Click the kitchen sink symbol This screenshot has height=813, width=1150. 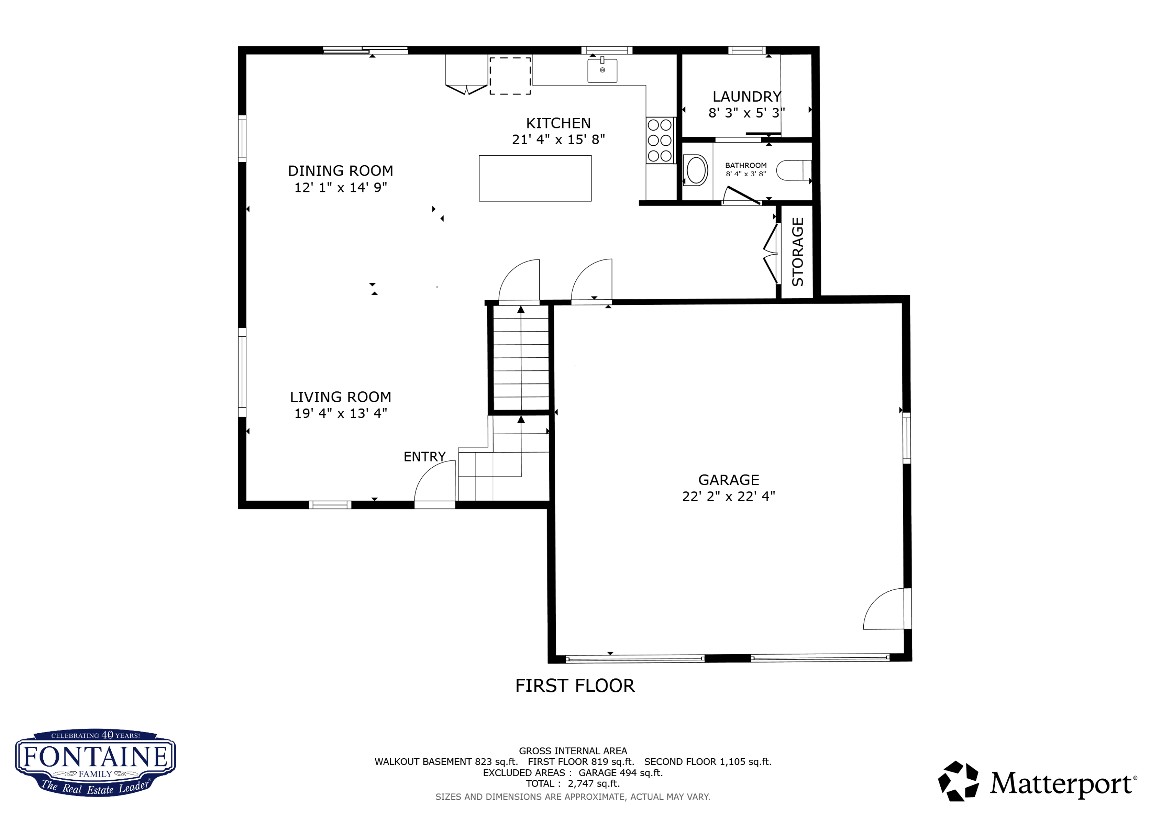tap(602, 71)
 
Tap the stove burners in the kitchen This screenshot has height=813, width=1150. tap(660, 140)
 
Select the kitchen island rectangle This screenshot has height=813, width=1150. tap(535, 178)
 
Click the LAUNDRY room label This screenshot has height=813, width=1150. tap(746, 97)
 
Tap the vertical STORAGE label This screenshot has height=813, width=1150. tap(797, 252)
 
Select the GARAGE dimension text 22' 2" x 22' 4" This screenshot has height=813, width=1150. tap(728, 496)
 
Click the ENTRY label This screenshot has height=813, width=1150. tap(424, 457)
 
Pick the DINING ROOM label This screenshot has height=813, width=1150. tap(341, 171)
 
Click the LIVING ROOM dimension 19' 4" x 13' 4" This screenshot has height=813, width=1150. tap(341, 413)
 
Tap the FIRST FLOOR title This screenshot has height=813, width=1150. tap(575, 686)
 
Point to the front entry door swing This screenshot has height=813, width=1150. tap(434, 482)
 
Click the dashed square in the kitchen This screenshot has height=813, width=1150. tap(510, 76)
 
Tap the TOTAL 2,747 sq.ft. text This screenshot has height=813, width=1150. tap(572, 783)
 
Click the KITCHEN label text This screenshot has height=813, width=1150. tap(558, 123)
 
